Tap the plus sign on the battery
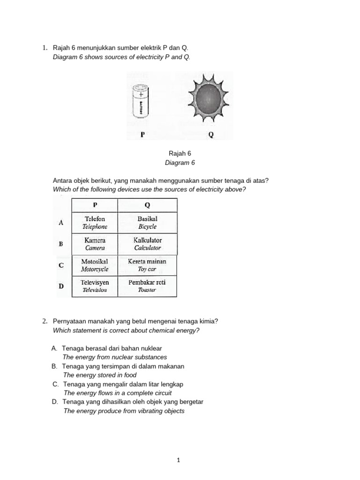pyautogui.click(x=141, y=93)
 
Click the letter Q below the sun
pyautogui.click(x=210, y=135)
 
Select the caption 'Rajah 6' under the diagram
pyautogui.click(x=180, y=153)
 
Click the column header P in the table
pyautogui.click(x=95, y=205)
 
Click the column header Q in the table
pyautogui.click(x=147, y=205)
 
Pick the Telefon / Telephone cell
pyautogui.click(x=95, y=223)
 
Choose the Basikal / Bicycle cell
pyautogui.click(x=147, y=223)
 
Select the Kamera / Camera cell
pyautogui.click(x=95, y=244)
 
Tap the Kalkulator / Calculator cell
pyautogui.click(x=147, y=244)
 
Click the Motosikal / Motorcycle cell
pyautogui.click(x=95, y=265)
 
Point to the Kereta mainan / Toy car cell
pyautogui.click(x=147, y=265)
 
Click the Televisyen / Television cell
pyautogui.click(x=95, y=286)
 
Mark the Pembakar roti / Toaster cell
pyautogui.click(x=147, y=286)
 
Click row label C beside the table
pyautogui.click(x=61, y=265)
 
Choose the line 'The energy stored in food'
pyautogui.click(x=100, y=375)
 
